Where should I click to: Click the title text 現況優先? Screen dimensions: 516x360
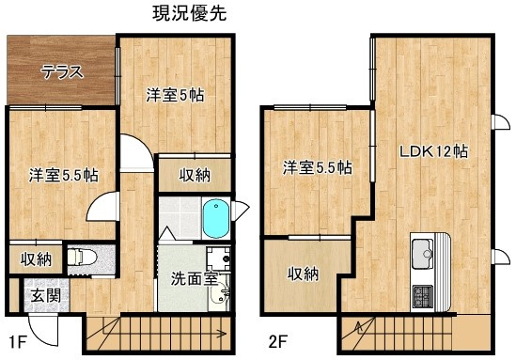click(190, 14)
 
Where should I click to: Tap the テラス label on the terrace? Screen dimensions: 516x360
click(62, 72)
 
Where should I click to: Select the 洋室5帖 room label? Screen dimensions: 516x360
click(175, 95)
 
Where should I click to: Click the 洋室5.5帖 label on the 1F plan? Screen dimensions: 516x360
click(64, 175)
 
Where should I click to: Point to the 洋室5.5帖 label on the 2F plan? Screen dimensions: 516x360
click(318, 168)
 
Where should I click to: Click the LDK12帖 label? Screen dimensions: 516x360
click(433, 151)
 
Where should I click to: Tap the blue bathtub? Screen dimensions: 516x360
click(216, 218)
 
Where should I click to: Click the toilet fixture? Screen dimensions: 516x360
click(82, 257)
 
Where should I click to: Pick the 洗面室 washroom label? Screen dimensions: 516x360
click(195, 279)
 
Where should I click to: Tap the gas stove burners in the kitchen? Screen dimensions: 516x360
click(423, 297)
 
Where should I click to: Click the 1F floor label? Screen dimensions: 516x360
click(17, 342)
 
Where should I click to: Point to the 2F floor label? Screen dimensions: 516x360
click(278, 342)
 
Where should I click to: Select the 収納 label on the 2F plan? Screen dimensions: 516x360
click(303, 274)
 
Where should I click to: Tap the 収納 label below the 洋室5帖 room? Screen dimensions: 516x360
click(195, 176)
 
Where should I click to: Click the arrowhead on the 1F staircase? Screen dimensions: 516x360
click(223, 334)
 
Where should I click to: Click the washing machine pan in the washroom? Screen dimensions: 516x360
click(218, 258)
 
